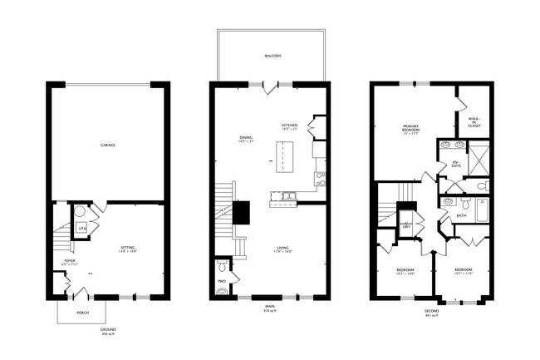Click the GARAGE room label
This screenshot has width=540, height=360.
click(x=107, y=145)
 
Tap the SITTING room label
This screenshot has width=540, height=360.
click(x=127, y=248)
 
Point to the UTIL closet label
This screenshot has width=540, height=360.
click(x=81, y=226)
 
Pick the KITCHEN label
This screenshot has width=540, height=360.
click(x=289, y=126)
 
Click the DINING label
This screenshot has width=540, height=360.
click(x=245, y=140)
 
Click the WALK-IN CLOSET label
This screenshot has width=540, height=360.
click(x=474, y=123)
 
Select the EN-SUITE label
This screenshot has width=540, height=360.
click(x=454, y=165)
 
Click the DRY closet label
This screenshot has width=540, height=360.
click(x=406, y=226)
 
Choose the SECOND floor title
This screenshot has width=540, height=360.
click(x=431, y=311)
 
